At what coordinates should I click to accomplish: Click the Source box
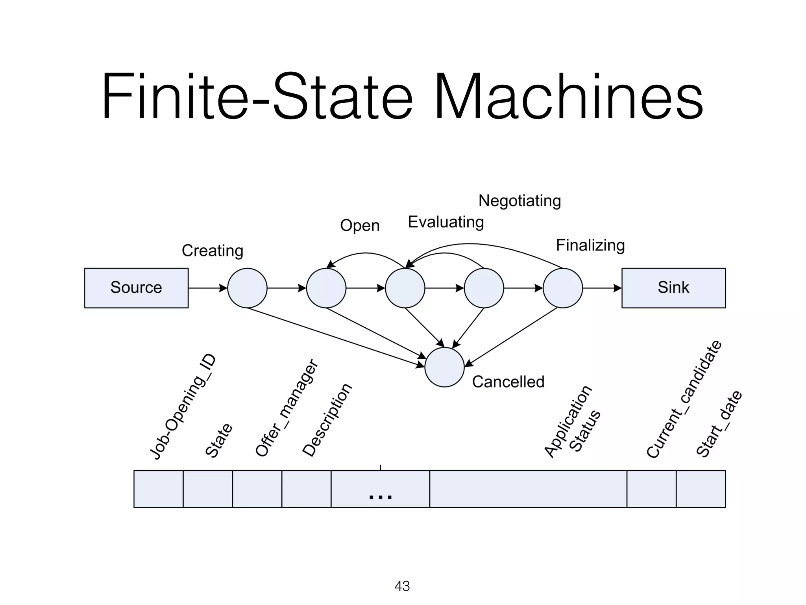click(136, 288)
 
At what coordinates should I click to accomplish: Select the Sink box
click(673, 288)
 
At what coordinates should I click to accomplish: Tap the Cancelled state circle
click(444, 367)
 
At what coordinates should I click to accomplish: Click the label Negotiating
click(519, 201)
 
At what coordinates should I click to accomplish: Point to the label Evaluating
click(446, 222)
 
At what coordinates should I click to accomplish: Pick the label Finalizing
click(590, 245)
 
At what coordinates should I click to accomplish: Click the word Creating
click(213, 251)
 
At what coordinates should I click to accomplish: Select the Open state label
click(360, 226)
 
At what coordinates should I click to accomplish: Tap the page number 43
click(402, 586)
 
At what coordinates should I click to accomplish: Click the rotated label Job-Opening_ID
click(183, 407)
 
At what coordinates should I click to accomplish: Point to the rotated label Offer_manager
click(287, 408)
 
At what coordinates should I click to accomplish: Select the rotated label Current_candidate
click(684, 399)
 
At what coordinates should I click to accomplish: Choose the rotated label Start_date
click(719, 424)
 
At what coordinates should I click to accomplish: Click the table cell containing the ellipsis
click(380, 489)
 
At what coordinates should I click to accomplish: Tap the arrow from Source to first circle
click(207, 288)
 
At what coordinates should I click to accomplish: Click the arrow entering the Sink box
click(602, 288)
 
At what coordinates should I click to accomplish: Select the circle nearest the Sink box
click(562, 288)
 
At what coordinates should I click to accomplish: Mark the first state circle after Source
click(247, 288)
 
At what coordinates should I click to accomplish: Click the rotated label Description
click(327, 420)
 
